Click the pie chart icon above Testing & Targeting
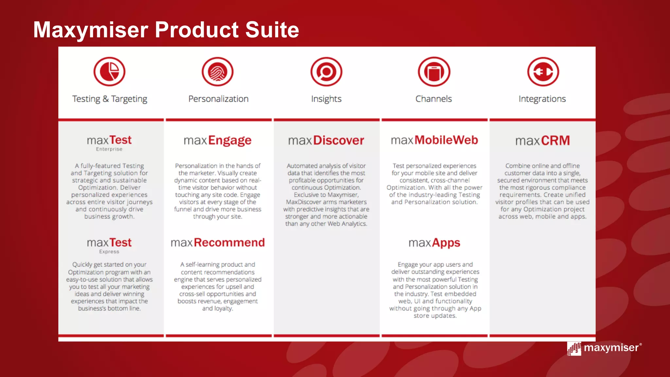pyautogui.click(x=109, y=72)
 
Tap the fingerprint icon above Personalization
pyautogui.click(x=218, y=72)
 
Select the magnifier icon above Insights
pyautogui.click(x=326, y=72)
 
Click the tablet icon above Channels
pyautogui.click(x=434, y=72)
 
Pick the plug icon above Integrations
pyautogui.click(x=543, y=72)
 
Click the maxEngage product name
pyautogui.click(x=218, y=140)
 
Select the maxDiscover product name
pyautogui.click(x=326, y=140)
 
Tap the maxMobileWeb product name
pyautogui.click(x=434, y=140)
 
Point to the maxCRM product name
pyautogui.click(x=542, y=141)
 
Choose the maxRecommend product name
pyautogui.click(x=218, y=242)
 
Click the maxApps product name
pyautogui.click(x=434, y=243)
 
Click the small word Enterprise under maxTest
pyautogui.click(x=109, y=149)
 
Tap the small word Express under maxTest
pyautogui.click(x=109, y=252)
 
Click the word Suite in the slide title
pyautogui.click(x=272, y=30)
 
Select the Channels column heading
pyautogui.click(x=433, y=99)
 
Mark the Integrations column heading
pyautogui.click(x=542, y=99)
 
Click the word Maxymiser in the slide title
pyautogui.click(x=91, y=30)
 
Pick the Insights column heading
pyautogui.click(x=326, y=99)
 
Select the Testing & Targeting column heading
pyautogui.click(x=110, y=99)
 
